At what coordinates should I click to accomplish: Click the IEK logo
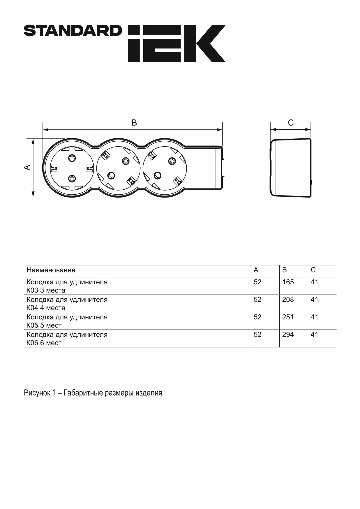tap(177, 43)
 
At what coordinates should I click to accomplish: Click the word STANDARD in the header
tap(73, 31)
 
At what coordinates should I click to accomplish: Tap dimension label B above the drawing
tap(134, 123)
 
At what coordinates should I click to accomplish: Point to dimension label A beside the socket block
tap(27, 167)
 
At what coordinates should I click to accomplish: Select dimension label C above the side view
tap(291, 123)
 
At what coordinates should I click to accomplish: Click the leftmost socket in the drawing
tap(72, 168)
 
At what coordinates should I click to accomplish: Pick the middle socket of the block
tap(118, 168)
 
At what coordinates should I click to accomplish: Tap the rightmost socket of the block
tap(165, 168)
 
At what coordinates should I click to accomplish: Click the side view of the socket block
tap(290, 168)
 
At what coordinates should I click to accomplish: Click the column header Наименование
tap(51, 270)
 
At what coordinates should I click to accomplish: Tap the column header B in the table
tap(285, 270)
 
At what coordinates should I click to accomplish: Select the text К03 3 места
tap(46, 290)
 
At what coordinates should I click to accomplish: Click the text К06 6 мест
tap(44, 343)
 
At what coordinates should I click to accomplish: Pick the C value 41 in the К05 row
tap(315, 317)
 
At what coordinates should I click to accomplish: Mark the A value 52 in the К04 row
tap(257, 300)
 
